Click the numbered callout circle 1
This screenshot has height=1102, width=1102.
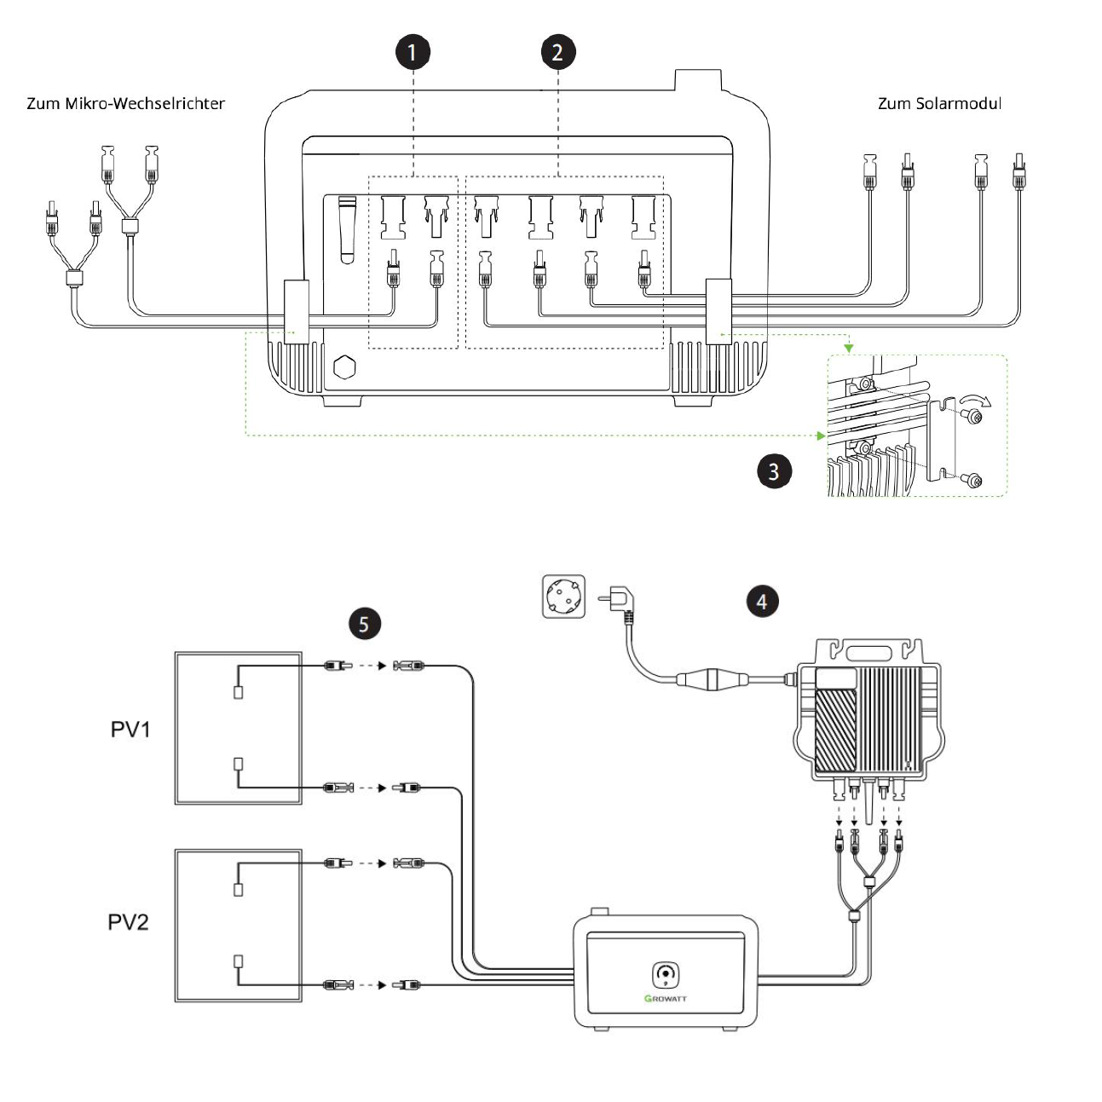coord(412,52)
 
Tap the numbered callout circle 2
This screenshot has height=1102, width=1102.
coord(558,52)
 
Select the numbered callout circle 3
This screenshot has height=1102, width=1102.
coord(774,470)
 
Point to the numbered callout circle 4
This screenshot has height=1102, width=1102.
coord(762,601)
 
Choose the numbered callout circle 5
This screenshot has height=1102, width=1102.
coord(364,624)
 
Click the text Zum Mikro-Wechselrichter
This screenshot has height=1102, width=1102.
coord(126,104)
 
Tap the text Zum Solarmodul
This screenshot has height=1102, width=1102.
coord(939,104)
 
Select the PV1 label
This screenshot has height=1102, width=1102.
coord(130,730)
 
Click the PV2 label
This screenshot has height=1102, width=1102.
coord(129,922)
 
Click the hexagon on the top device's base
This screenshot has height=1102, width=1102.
coord(344,367)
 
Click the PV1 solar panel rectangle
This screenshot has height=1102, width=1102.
coord(239,728)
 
